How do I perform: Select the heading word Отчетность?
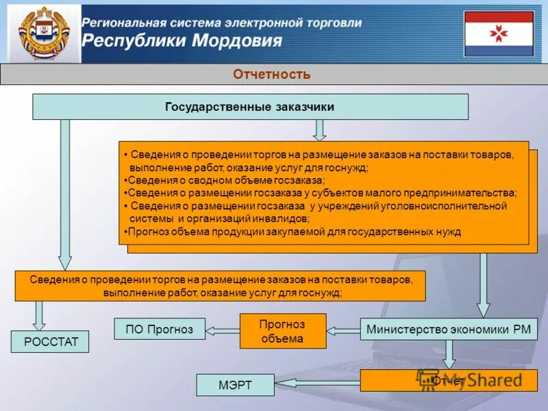click(x=272, y=74)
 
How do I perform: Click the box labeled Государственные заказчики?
click(x=250, y=107)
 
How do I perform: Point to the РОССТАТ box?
click(x=49, y=341)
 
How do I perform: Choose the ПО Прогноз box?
click(x=160, y=329)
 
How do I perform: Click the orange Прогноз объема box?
click(x=282, y=331)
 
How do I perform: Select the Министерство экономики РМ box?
click(x=449, y=329)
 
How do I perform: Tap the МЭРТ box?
click(x=235, y=385)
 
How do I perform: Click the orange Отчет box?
click(x=449, y=380)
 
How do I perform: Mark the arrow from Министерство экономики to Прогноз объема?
click(x=343, y=330)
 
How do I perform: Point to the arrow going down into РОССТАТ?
click(x=40, y=316)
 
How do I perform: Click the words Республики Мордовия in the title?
click(x=182, y=40)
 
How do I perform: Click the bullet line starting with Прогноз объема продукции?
click(x=295, y=232)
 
